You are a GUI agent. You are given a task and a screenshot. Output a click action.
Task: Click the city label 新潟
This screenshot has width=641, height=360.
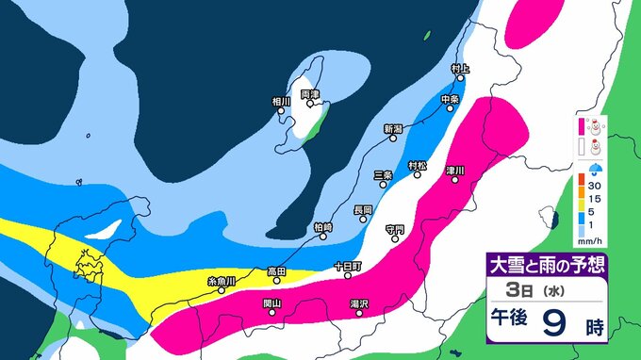click(393, 128)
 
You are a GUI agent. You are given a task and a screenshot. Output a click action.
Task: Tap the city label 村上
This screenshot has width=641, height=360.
click(459, 69)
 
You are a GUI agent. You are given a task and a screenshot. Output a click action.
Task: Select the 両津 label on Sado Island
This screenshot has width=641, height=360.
click(310, 94)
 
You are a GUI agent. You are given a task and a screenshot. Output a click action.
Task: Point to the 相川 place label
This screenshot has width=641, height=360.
click(281, 101)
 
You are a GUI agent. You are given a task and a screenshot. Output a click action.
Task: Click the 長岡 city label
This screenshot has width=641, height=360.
click(363, 209)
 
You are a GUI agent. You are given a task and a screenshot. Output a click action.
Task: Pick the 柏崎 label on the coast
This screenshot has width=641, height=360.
click(321, 227)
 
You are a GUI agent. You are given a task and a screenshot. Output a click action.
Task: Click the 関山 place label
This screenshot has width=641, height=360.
click(271, 303)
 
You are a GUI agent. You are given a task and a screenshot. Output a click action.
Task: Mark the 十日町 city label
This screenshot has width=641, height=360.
click(347, 267)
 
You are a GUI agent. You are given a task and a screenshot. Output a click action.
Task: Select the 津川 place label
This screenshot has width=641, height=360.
click(455, 171)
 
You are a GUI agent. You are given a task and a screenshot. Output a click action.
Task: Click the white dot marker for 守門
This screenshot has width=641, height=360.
click(395, 237)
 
